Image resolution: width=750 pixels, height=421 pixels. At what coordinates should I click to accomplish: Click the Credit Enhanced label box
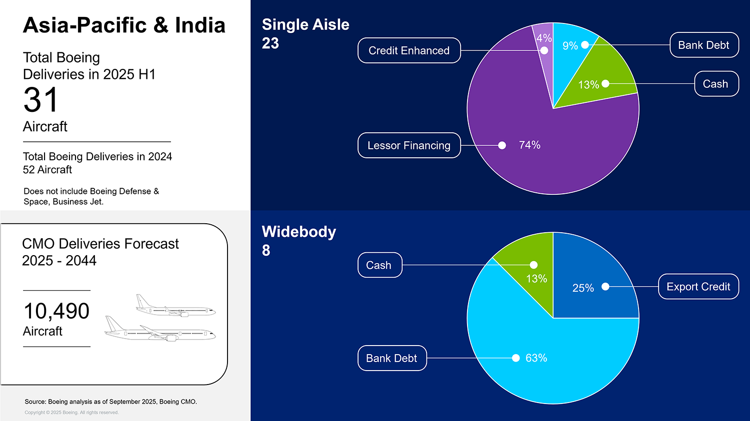click(408, 50)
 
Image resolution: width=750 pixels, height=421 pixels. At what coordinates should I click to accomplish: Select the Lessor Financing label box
click(408, 145)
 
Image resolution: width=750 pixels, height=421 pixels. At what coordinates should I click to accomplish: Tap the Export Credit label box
click(698, 287)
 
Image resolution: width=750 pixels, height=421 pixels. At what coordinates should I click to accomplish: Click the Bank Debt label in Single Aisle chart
click(703, 45)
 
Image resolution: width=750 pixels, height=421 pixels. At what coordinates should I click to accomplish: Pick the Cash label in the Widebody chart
click(379, 265)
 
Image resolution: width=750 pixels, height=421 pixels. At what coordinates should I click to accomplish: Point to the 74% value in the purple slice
click(529, 145)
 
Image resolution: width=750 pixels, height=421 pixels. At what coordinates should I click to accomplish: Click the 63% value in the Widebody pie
click(536, 358)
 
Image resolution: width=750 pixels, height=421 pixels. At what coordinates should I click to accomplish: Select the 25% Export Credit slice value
click(583, 288)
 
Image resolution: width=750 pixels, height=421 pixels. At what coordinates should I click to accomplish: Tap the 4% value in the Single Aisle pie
click(543, 38)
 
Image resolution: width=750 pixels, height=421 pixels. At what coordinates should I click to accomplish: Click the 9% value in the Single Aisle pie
click(570, 46)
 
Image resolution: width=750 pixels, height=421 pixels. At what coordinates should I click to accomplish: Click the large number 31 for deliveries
click(41, 100)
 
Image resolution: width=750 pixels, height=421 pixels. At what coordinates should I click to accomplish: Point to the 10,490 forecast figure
click(56, 311)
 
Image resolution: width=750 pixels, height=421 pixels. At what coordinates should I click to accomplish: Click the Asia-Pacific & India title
click(124, 25)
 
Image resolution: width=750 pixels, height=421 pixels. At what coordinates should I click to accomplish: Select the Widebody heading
click(299, 232)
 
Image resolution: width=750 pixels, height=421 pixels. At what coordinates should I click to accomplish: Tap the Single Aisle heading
click(305, 24)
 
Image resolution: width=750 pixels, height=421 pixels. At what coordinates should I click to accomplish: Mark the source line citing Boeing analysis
click(110, 402)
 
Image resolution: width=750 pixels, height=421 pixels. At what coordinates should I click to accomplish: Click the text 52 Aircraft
click(47, 170)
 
